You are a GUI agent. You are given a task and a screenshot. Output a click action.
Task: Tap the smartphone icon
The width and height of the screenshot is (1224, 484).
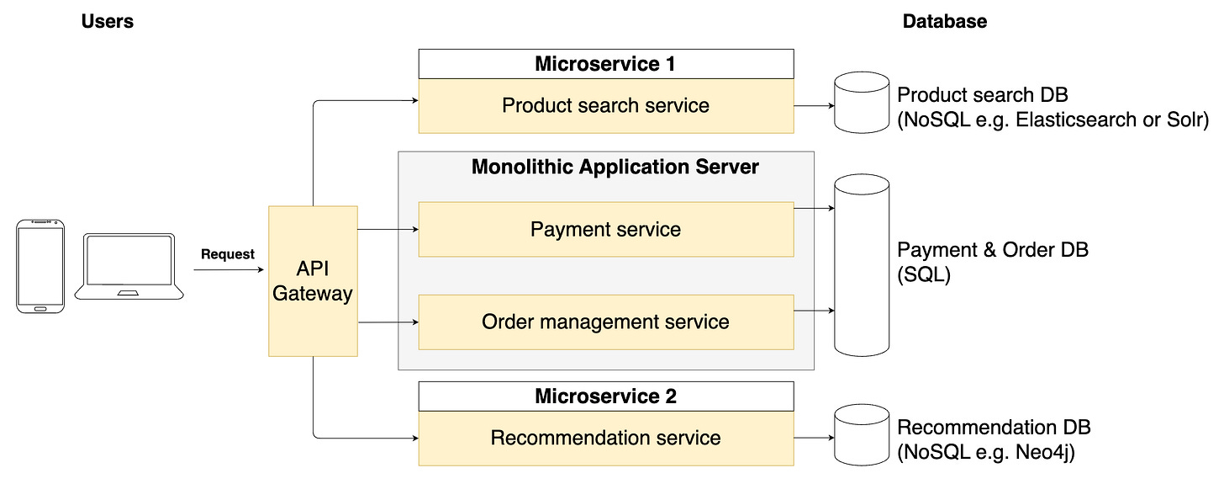click(40, 267)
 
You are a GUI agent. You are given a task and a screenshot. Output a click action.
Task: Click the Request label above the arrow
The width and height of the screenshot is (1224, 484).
click(227, 254)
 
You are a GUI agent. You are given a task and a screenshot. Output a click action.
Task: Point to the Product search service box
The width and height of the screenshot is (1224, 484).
click(605, 106)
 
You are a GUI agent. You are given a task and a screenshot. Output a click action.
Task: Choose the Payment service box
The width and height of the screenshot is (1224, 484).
click(605, 229)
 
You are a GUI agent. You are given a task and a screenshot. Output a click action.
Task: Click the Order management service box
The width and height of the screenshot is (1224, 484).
click(605, 322)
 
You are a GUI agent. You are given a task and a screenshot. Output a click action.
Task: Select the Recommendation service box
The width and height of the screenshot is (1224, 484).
click(605, 438)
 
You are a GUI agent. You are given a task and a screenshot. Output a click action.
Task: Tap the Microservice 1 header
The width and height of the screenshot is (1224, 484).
click(605, 64)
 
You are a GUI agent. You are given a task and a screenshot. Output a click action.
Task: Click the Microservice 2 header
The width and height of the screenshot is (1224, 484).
click(605, 396)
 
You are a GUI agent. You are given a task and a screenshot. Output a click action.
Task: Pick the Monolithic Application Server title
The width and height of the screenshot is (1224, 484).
click(615, 167)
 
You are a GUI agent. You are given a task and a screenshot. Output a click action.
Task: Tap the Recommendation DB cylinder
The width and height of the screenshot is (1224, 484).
click(861, 438)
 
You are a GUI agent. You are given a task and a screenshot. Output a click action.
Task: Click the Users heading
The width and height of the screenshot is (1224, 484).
click(107, 22)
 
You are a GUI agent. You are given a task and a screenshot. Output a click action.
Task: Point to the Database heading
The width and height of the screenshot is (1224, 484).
click(944, 22)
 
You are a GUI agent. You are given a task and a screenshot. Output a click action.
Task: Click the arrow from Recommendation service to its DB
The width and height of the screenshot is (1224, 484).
click(813, 438)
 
